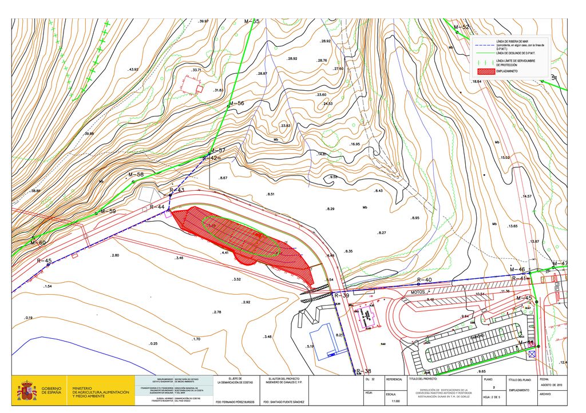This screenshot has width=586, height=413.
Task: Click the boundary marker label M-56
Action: [236, 103]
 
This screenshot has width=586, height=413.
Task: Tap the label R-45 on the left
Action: [44, 260]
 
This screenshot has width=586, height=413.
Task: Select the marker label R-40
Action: [424, 279]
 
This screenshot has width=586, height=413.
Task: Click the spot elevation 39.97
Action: [203, 21]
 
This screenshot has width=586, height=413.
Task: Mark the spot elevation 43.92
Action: [133, 70]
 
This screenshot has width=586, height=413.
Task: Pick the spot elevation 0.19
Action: [29, 318]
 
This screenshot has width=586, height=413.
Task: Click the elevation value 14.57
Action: [526, 197]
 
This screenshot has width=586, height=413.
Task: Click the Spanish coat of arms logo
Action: [26, 391]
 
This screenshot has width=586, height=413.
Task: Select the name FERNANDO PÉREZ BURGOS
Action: [235, 403]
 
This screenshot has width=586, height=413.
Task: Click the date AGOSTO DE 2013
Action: [552, 384]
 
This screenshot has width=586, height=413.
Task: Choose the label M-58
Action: [136, 174]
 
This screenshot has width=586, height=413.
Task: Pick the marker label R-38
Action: [363, 371]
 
